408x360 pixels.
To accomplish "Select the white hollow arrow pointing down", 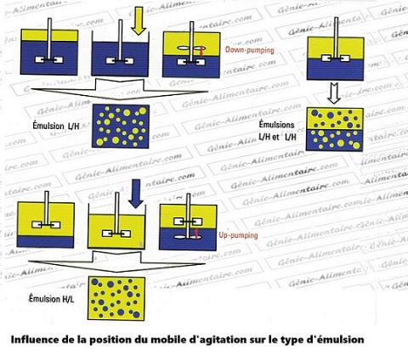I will (334, 92).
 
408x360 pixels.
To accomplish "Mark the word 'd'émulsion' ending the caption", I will (335, 339).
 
